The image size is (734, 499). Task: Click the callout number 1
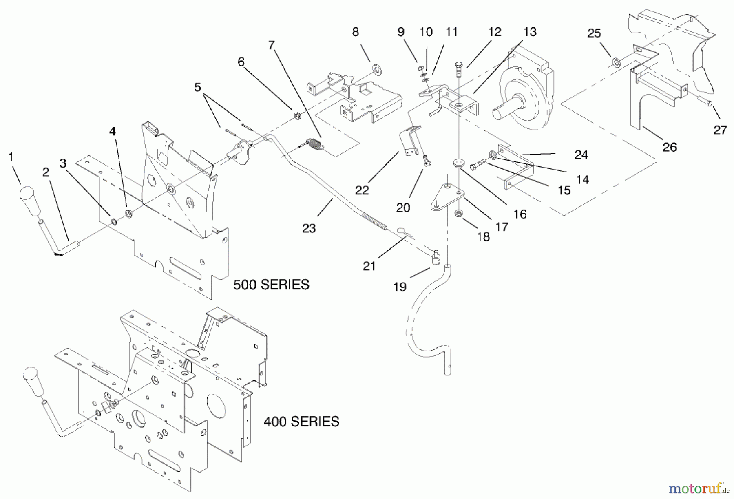(x=11, y=157)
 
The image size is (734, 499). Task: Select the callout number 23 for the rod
(x=309, y=228)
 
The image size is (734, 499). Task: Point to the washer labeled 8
(x=376, y=70)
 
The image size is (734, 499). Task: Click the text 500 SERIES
(x=271, y=285)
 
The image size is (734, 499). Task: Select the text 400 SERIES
(x=301, y=421)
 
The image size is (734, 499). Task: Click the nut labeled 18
(x=458, y=213)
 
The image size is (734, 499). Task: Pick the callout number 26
(x=670, y=147)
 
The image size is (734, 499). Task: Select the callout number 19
(x=400, y=287)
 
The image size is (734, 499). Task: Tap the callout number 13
(x=530, y=32)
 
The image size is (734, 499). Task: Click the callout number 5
(x=197, y=87)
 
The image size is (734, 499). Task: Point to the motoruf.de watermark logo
(x=699, y=488)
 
